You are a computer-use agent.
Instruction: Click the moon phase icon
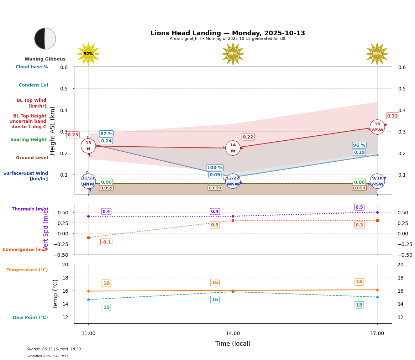pos(45,38)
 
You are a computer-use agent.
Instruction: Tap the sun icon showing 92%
pos(88,54)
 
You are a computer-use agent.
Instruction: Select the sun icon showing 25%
pos(233,54)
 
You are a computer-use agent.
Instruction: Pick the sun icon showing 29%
pos(377,54)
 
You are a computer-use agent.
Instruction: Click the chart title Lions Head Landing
pos(227,33)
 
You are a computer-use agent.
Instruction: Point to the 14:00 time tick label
pos(233,334)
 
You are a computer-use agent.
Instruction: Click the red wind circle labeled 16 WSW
pos(377,127)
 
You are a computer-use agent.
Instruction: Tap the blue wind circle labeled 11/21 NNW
pos(88,181)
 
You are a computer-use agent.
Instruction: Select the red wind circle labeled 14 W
pos(233,148)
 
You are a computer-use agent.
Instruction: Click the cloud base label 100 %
pos(215,168)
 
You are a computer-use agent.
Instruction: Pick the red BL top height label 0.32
pos(393,116)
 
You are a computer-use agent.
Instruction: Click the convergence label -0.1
pos(106,242)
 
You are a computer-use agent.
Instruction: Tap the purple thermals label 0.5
pos(359,207)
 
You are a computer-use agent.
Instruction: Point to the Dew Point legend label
pos(30,318)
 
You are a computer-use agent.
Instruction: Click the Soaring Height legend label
pos(28,140)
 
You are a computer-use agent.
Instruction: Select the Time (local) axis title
pos(233,344)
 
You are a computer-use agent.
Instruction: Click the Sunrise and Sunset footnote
pos(54,349)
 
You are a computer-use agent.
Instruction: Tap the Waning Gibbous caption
pos(45,59)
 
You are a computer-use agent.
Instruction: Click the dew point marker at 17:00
pos(377,297)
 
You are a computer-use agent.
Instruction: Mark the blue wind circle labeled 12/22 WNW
pos(233,181)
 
